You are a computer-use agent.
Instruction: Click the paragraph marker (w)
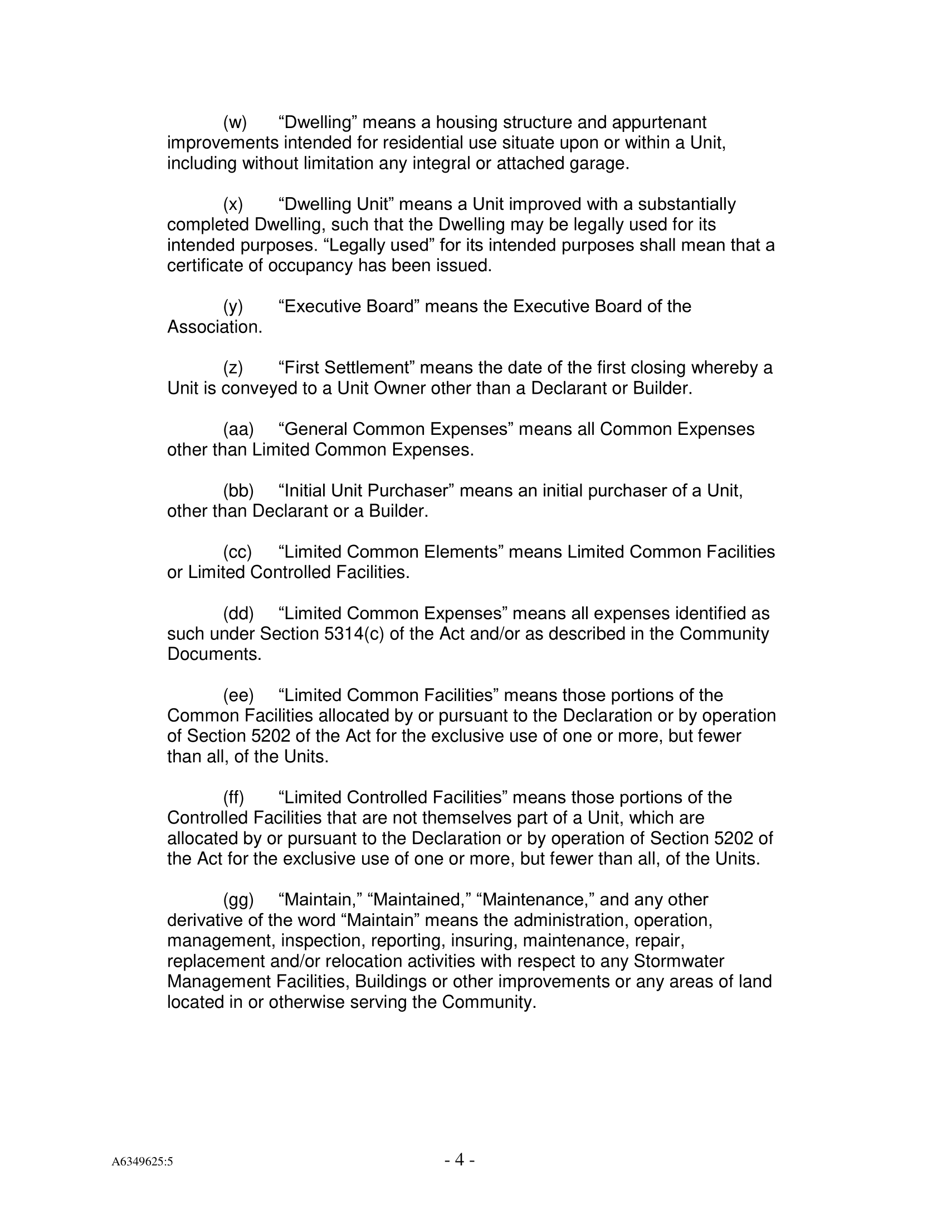coord(235,122)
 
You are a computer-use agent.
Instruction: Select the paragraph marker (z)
coord(233,368)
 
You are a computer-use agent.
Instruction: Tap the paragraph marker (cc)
coord(237,552)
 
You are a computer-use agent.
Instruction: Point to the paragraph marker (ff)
coord(233,797)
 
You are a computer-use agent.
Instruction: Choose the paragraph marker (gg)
coord(238,900)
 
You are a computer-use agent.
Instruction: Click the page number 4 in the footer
coord(460,1159)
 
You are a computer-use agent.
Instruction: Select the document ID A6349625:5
coord(142,1162)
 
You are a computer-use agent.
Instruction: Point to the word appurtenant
coord(659,122)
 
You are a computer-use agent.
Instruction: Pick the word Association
coord(214,327)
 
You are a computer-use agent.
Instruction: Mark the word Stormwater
coord(679,961)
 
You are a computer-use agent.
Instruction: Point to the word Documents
coord(214,654)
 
